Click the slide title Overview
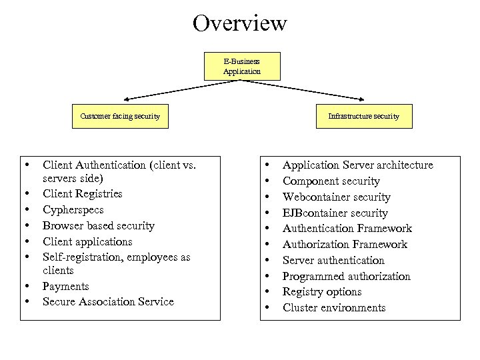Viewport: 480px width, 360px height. (x=240, y=23)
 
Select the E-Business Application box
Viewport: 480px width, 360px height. (x=242, y=66)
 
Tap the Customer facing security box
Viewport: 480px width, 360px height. (x=120, y=116)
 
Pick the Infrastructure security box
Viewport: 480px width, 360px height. (x=363, y=116)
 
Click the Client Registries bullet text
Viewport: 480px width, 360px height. (x=82, y=194)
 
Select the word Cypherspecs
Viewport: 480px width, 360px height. (x=73, y=210)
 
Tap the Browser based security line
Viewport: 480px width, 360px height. (x=98, y=226)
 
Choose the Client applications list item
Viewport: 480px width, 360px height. (x=87, y=242)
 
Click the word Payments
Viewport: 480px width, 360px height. (x=65, y=286)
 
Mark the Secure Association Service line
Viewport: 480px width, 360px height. (x=108, y=302)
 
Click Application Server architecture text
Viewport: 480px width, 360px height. (x=357, y=165)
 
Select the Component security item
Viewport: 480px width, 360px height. (x=331, y=181)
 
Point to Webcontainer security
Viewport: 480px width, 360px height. (x=336, y=197)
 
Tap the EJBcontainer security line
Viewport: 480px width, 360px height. (x=335, y=213)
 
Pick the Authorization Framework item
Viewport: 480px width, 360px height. (x=345, y=245)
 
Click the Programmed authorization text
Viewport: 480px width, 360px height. (x=346, y=277)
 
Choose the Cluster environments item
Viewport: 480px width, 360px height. (x=333, y=308)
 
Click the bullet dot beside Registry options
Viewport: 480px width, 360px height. (x=267, y=292)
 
